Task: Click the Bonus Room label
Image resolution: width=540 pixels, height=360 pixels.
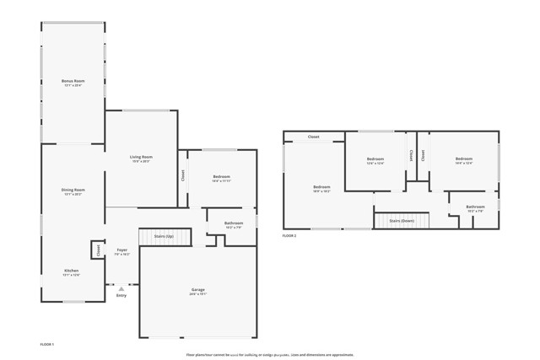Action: (73, 81)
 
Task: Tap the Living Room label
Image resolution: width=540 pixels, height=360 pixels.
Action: (140, 157)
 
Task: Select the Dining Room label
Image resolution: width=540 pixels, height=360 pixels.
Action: (73, 190)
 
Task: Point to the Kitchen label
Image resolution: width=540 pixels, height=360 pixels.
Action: (73, 271)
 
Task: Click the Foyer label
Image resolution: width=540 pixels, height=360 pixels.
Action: (122, 250)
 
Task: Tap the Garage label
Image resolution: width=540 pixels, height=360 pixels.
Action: (197, 290)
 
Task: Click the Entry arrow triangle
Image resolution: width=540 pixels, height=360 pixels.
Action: (121, 288)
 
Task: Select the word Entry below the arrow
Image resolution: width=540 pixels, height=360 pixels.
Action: (121, 295)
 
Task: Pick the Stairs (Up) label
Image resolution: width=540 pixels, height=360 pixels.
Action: (164, 237)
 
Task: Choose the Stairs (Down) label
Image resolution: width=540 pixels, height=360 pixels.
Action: (402, 220)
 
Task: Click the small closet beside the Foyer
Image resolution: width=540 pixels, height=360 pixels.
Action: (97, 250)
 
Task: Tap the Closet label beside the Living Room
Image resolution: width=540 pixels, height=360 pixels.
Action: (183, 175)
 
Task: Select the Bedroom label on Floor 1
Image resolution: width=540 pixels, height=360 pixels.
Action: (221, 177)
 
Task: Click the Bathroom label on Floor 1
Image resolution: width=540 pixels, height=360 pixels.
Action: (233, 224)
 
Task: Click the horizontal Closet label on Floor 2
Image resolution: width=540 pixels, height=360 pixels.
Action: (313, 137)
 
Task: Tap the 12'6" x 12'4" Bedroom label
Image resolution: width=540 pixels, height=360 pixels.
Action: (375, 159)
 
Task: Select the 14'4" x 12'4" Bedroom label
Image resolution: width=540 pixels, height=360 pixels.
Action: (464, 159)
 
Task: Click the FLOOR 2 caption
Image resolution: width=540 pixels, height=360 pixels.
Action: (289, 235)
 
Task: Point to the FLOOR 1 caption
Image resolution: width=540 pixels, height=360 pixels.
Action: (47, 344)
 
